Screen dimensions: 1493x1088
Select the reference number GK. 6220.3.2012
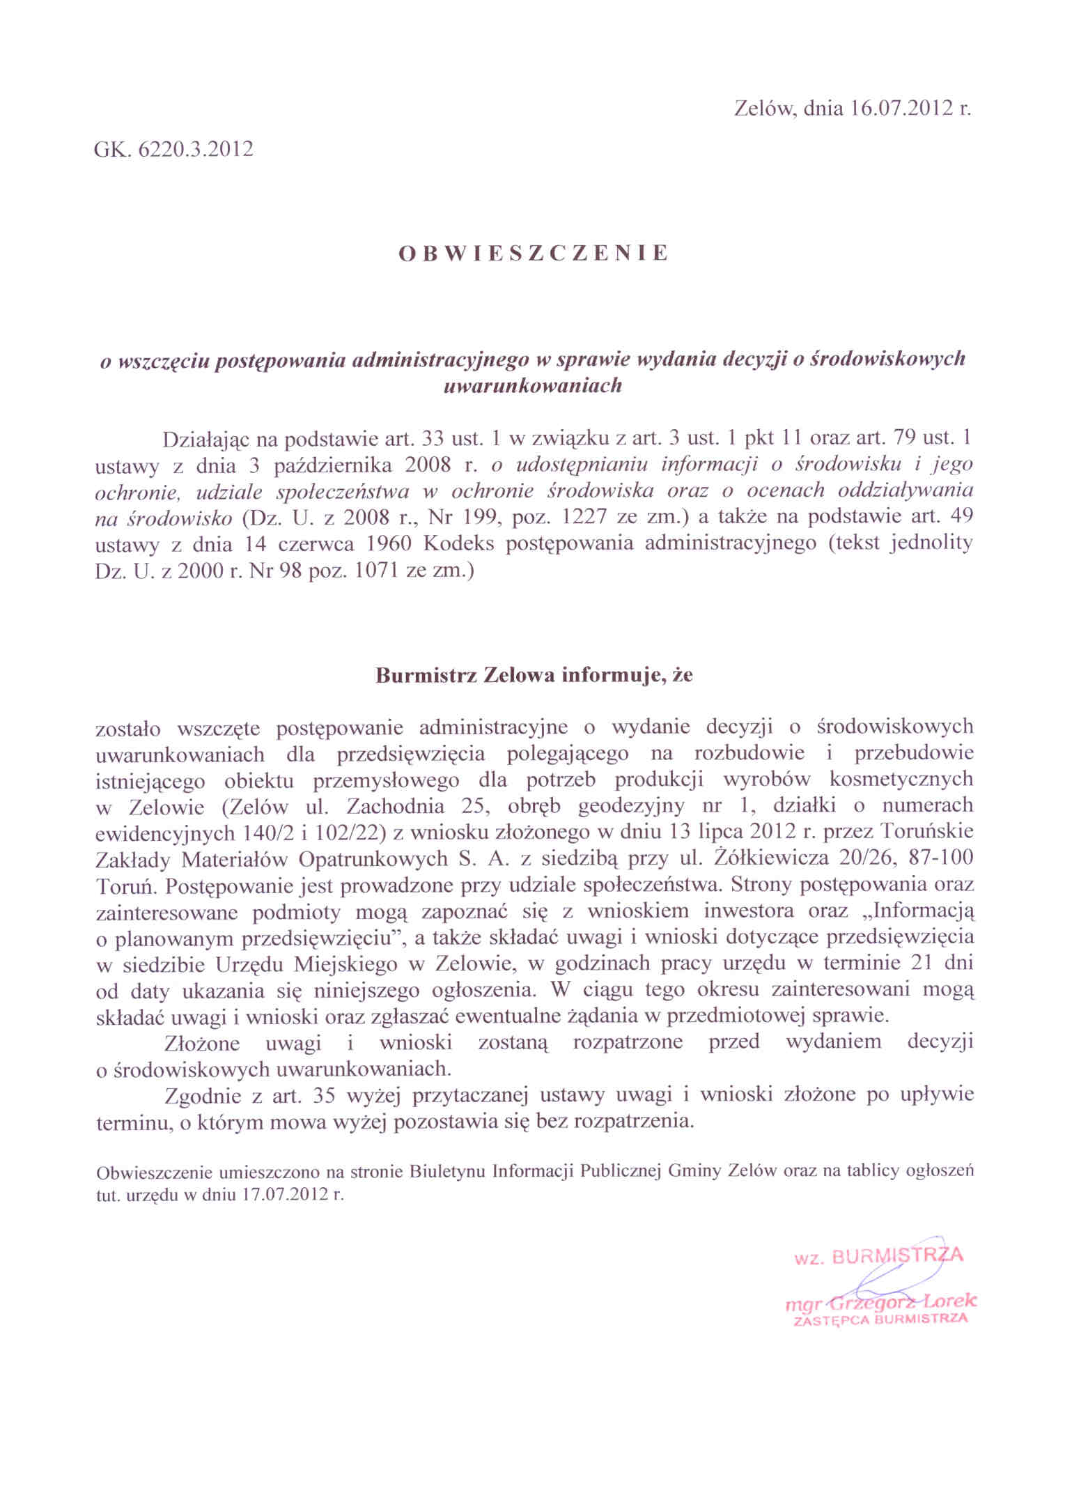tap(173, 149)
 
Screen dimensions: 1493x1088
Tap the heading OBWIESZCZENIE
tap(533, 253)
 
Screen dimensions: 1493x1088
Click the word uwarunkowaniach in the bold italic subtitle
tap(532, 386)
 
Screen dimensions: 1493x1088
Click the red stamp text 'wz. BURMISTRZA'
tap(878, 1256)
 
